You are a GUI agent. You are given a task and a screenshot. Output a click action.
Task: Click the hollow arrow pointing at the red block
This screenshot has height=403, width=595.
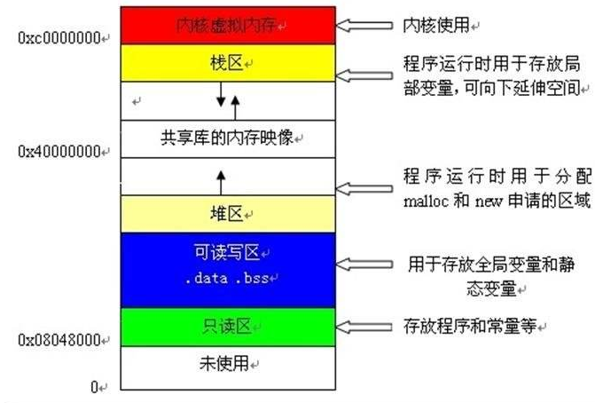pyautogui.click(x=364, y=24)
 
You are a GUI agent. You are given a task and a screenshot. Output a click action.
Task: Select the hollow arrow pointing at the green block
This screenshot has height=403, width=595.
pyautogui.click(x=364, y=327)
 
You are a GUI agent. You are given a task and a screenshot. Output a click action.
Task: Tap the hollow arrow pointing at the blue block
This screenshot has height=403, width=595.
pyautogui.click(x=364, y=265)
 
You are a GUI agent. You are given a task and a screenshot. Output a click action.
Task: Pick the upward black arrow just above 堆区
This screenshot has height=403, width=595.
pyautogui.click(x=220, y=180)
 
